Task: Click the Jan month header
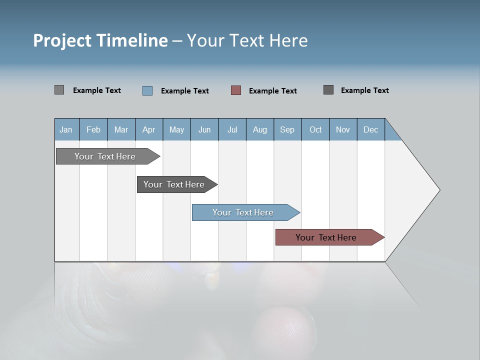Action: click(66, 129)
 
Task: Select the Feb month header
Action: click(93, 129)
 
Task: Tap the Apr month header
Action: click(149, 129)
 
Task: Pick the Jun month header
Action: click(204, 129)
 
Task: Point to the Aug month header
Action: click(260, 129)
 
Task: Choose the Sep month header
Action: click(287, 129)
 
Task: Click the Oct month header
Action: click(315, 129)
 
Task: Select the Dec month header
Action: click(371, 129)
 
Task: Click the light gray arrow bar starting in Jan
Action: click(105, 156)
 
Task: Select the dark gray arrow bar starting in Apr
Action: click(174, 184)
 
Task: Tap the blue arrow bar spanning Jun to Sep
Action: click(243, 212)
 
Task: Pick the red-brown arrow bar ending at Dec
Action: click(326, 237)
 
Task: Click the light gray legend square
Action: click(59, 90)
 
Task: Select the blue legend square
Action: click(147, 90)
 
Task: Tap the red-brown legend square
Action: click(236, 90)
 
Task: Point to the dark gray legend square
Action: click(328, 90)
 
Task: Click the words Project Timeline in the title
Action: click(100, 40)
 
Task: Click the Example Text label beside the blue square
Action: click(185, 91)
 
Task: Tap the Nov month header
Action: click(343, 129)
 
